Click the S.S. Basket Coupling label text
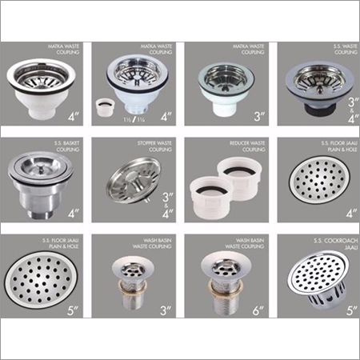click(x=60, y=148)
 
